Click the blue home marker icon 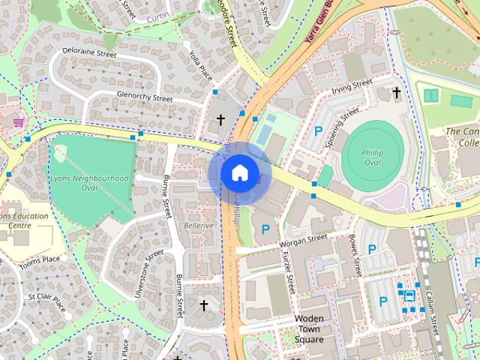pos(239,173)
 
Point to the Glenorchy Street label pos(145,97)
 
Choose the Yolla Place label pos(201,65)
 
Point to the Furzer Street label pos(287,273)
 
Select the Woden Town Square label pos(309,329)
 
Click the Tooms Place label pos(40,259)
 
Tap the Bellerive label pos(199,225)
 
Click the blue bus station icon pos(409,295)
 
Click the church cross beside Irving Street pos(396,92)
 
